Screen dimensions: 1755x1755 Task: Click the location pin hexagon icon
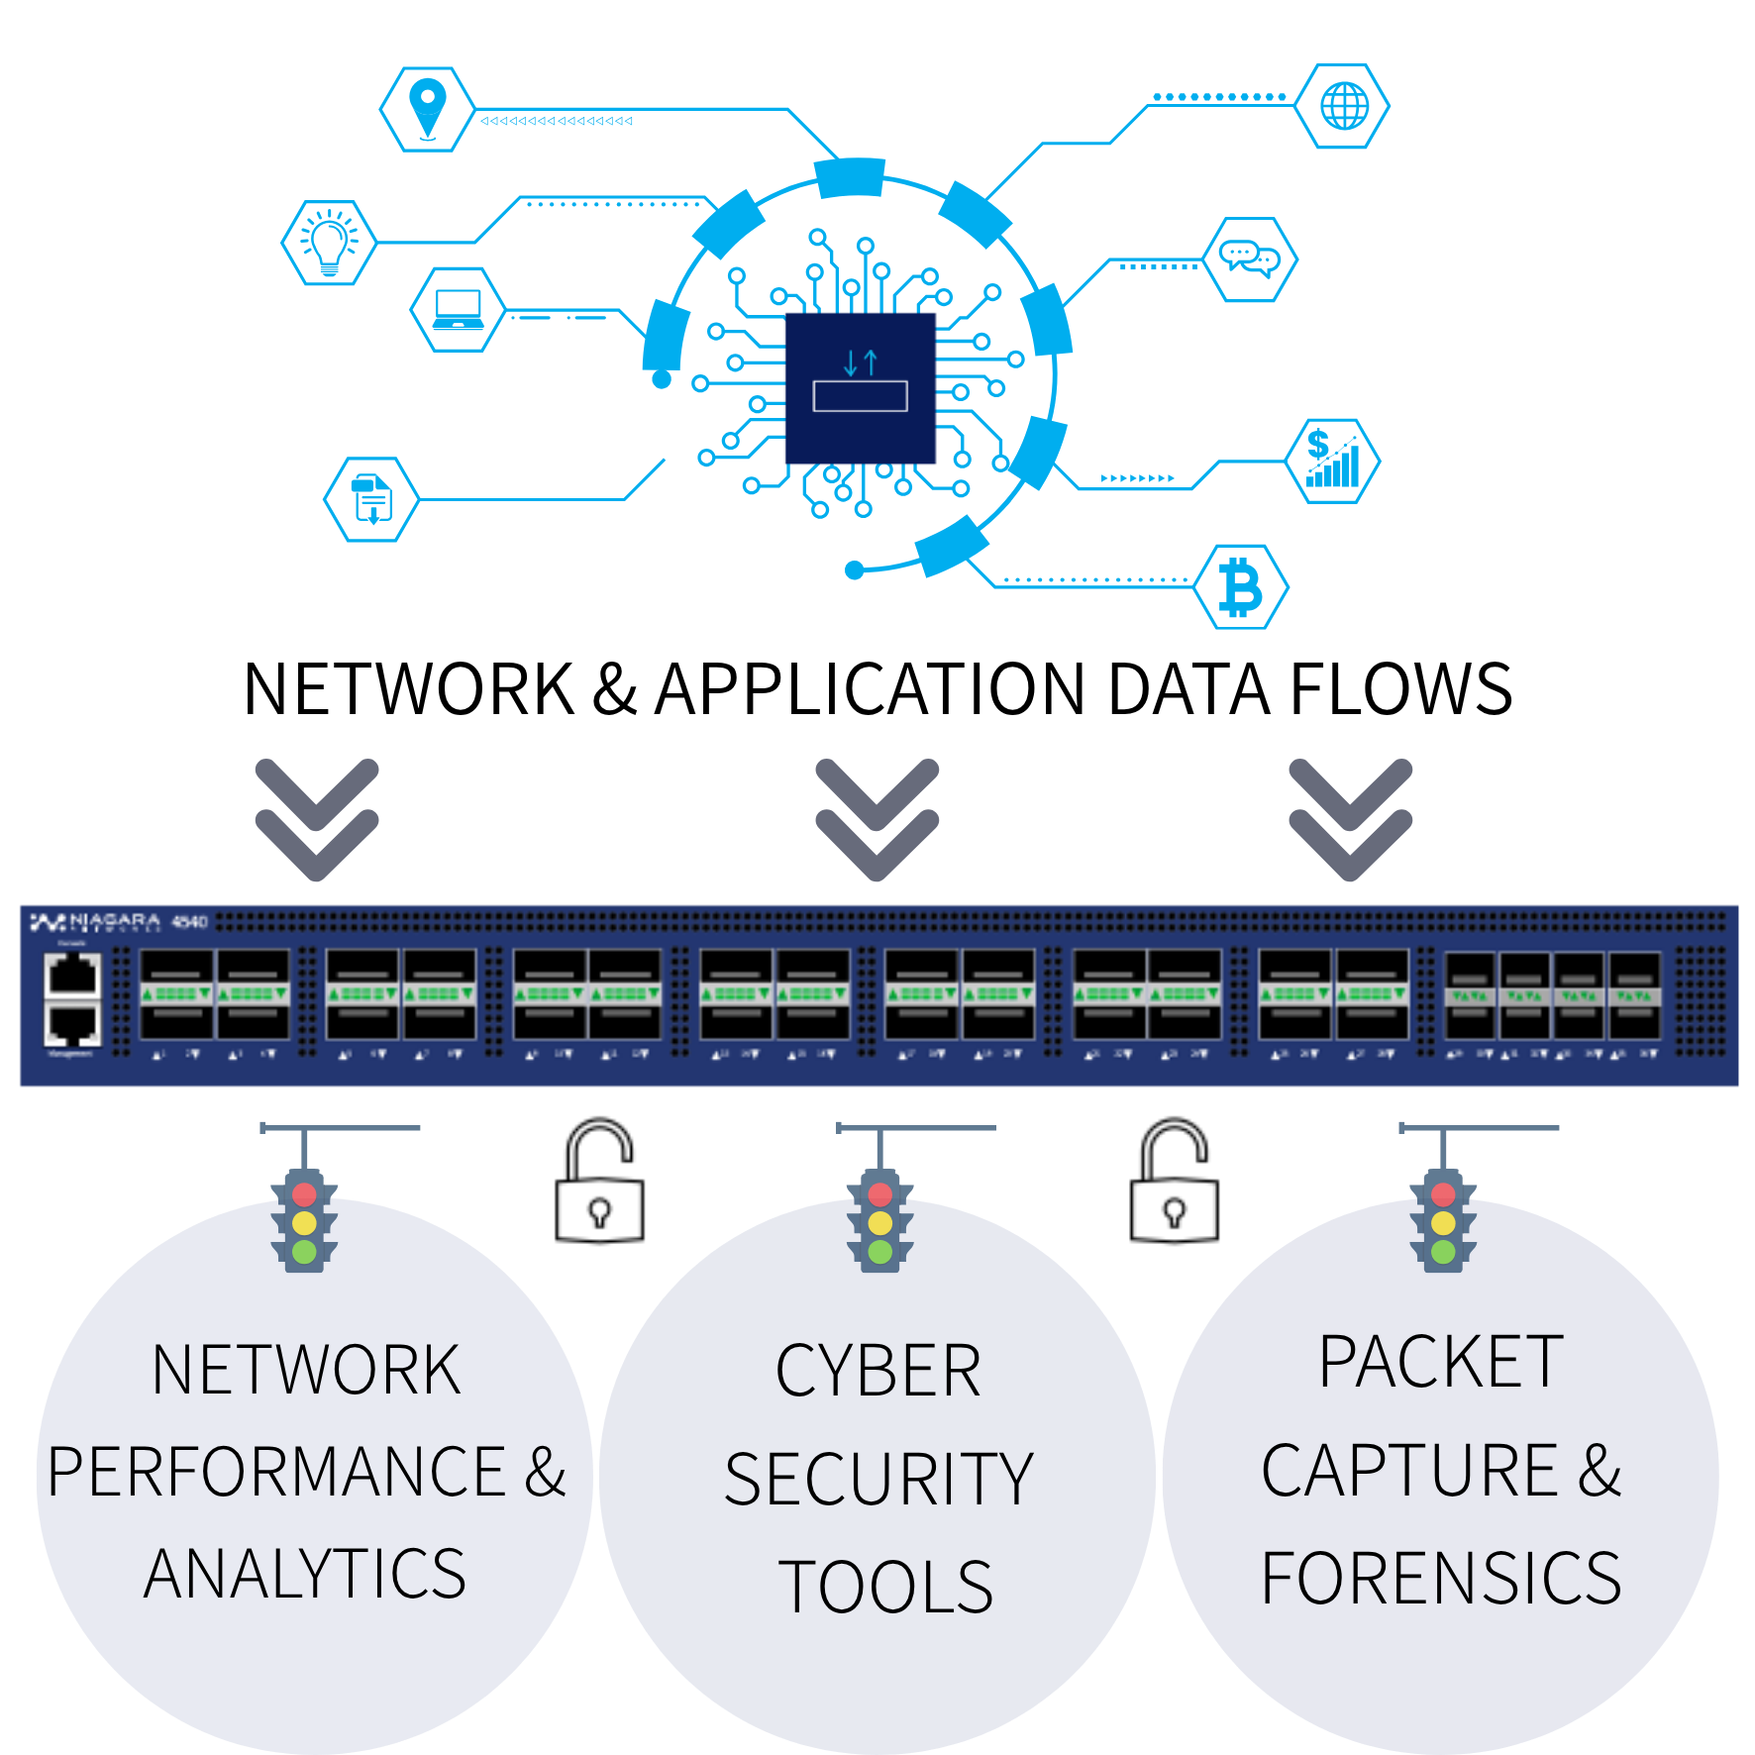click(427, 109)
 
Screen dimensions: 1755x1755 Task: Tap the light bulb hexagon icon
click(329, 243)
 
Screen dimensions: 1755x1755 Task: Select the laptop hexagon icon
click(458, 309)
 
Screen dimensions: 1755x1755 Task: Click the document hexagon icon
click(371, 499)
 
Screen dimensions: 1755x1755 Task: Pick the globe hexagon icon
click(1344, 106)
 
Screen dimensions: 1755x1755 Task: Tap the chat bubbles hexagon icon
click(1250, 259)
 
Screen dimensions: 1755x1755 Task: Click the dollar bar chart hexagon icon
click(1332, 461)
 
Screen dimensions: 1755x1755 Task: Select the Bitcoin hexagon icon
click(1241, 587)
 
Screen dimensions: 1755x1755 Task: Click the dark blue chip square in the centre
click(860, 388)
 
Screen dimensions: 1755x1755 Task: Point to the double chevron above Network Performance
click(317, 819)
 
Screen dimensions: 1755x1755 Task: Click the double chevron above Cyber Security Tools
click(877, 819)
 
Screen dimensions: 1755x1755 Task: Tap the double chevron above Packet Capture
click(1350, 819)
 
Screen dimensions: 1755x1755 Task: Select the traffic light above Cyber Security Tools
click(879, 1223)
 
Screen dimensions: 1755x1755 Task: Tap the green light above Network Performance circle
click(304, 1252)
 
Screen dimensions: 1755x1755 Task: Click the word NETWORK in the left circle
click(306, 1371)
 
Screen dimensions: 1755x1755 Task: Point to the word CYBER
click(877, 1373)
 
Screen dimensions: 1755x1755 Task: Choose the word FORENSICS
click(1441, 1579)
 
